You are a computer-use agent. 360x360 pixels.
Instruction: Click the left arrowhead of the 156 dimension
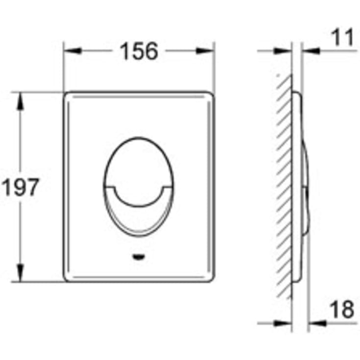(x=71, y=50)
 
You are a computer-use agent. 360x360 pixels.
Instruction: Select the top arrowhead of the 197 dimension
(x=20, y=100)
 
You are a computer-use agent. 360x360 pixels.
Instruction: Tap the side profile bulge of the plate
(x=304, y=186)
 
